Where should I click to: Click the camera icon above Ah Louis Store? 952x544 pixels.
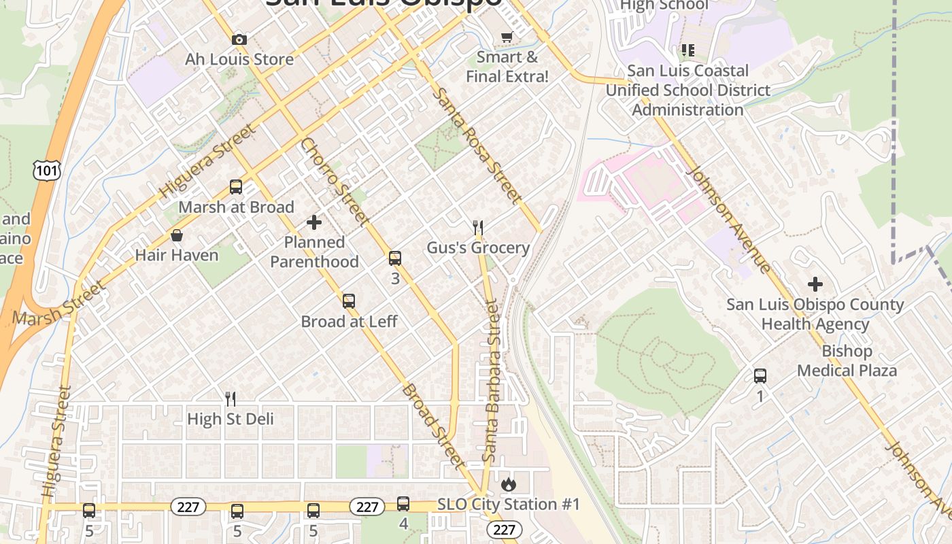(x=239, y=40)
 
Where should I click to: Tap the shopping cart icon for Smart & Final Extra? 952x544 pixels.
(x=507, y=37)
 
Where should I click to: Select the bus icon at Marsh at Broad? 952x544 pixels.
(x=236, y=187)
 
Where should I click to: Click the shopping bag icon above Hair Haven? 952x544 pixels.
(x=177, y=235)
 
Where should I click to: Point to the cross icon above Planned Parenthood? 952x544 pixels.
(x=314, y=222)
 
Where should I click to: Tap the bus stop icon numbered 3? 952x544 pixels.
(x=395, y=258)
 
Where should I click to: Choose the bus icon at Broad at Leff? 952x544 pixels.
(x=349, y=301)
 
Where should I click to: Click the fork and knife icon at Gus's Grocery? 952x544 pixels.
(x=478, y=228)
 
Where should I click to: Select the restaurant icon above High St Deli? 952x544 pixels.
(x=231, y=399)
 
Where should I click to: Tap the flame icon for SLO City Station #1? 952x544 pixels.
(x=508, y=485)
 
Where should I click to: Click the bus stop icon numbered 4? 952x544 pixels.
(x=403, y=504)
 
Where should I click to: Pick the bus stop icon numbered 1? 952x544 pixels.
(x=760, y=376)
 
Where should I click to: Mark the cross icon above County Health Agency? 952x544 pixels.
(x=815, y=284)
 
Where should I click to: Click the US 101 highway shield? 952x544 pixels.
(x=47, y=170)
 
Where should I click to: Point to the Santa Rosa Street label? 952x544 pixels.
(x=479, y=146)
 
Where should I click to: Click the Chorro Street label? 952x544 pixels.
(x=335, y=182)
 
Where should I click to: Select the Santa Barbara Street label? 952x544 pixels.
(x=491, y=381)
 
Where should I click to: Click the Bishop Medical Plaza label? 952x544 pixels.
(x=847, y=361)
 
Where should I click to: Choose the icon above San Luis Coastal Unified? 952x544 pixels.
(x=688, y=50)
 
